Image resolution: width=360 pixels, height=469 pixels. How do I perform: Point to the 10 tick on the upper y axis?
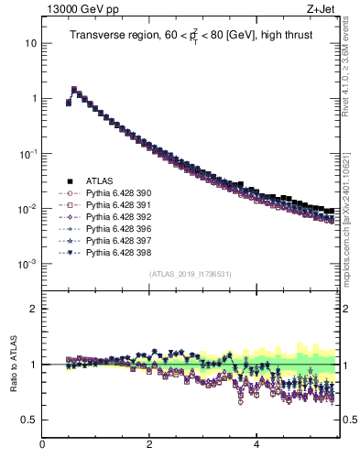tap(30, 43)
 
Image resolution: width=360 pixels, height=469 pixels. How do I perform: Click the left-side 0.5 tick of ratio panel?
tap(29, 420)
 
